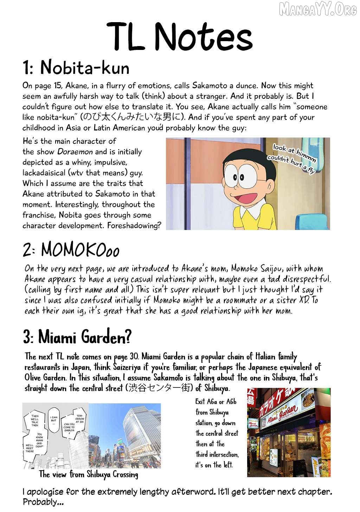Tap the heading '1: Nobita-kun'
pyautogui.click(x=76, y=68)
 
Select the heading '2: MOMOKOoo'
pyautogui.click(x=71, y=250)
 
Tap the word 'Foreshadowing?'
pyautogui.click(x=134, y=226)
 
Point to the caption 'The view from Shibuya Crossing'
pyautogui.click(x=89, y=475)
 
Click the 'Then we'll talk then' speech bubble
pyautogui.click(x=35, y=420)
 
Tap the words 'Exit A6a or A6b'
pyautogui.click(x=216, y=402)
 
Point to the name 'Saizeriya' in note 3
pyautogui.click(x=121, y=367)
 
